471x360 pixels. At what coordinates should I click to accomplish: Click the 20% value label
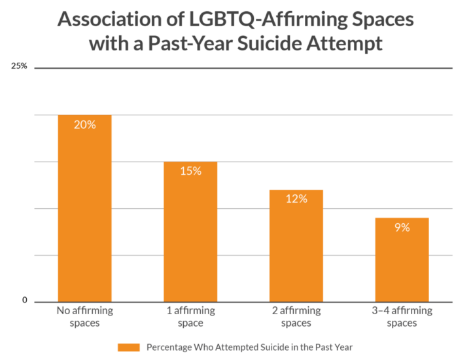85,124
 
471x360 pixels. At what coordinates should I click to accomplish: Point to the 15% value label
190,171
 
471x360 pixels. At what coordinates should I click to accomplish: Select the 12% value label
296,199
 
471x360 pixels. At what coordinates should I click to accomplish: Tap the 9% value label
402,227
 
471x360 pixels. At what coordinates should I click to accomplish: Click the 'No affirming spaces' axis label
85,317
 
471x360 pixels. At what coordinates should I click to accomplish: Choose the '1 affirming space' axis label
190,317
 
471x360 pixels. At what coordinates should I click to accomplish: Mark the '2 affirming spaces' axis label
296,317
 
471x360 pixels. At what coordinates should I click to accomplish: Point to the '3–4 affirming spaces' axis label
402,317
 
